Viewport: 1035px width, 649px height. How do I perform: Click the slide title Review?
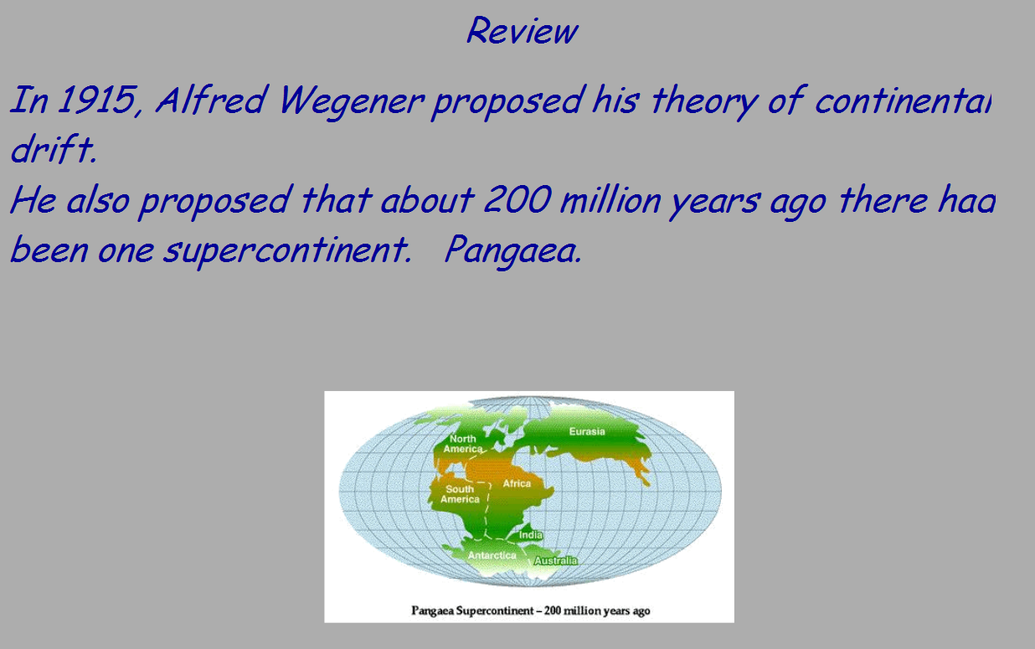pyautogui.click(x=521, y=31)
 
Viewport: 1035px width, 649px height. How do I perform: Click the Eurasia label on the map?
pyautogui.click(x=587, y=431)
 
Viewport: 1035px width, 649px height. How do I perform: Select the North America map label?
pyautogui.click(x=463, y=444)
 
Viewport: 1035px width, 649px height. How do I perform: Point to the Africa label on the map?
pyautogui.click(x=517, y=483)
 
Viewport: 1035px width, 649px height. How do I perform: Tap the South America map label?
pyautogui.click(x=460, y=494)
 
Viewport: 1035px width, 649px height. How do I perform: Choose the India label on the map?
pyautogui.click(x=531, y=535)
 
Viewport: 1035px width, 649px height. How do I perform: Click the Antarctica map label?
pyautogui.click(x=492, y=555)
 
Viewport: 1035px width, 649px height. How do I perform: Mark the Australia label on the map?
pyautogui.click(x=555, y=560)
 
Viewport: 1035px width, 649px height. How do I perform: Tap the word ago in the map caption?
pyautogui.click(x=641, y=610)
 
